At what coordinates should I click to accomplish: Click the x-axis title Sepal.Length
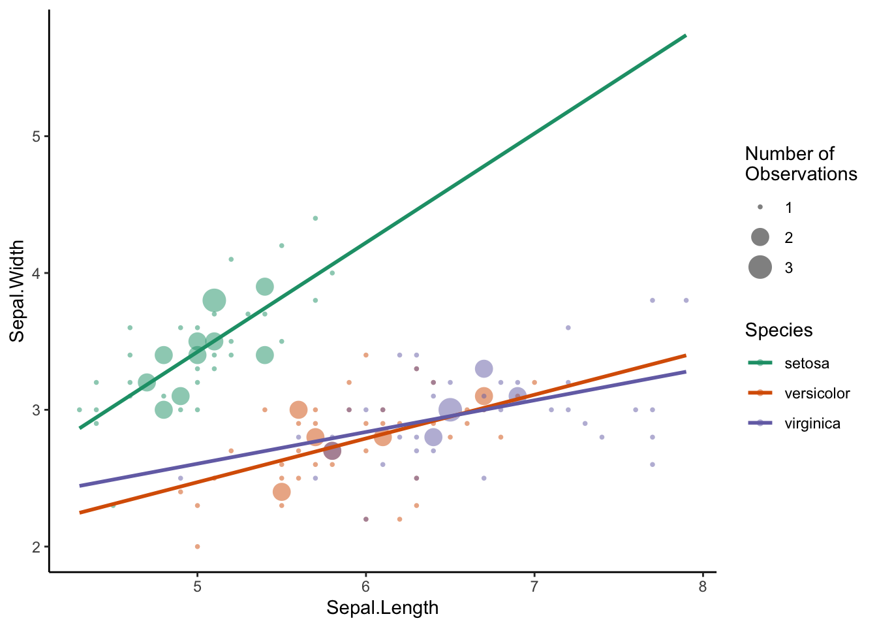[x=382, y=608]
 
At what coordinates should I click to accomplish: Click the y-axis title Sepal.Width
[x=17, y=291]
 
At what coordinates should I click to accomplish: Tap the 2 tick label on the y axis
[x=36, y=547]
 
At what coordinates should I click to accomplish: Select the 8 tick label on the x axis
[x=702, y=587]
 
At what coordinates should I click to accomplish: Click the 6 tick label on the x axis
[x=365, y=587]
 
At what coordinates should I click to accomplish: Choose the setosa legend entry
[x=807, y=363]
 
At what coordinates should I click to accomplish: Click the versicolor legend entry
[x=816, y=393]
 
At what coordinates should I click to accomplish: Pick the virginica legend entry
[x=812, y=423]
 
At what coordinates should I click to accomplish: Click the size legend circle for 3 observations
[x=760, y=267]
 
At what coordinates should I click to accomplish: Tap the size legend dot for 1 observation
[x=760, y=208]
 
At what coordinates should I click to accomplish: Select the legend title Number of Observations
[x=801, y=163]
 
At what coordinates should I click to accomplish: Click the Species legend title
[x=778, y=330]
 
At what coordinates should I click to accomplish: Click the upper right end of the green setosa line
[x=685, y=35]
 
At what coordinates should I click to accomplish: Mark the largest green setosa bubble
[x=214, y=300]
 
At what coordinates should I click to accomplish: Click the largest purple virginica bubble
[x=450, y=410]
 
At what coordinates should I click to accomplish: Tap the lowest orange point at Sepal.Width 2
[x=197, y=547]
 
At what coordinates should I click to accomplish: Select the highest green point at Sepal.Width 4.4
[x=315, y=218]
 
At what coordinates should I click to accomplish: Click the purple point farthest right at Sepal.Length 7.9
[x=686, y=300]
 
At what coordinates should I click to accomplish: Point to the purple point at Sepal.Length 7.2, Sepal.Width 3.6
[x=568, y=328]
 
